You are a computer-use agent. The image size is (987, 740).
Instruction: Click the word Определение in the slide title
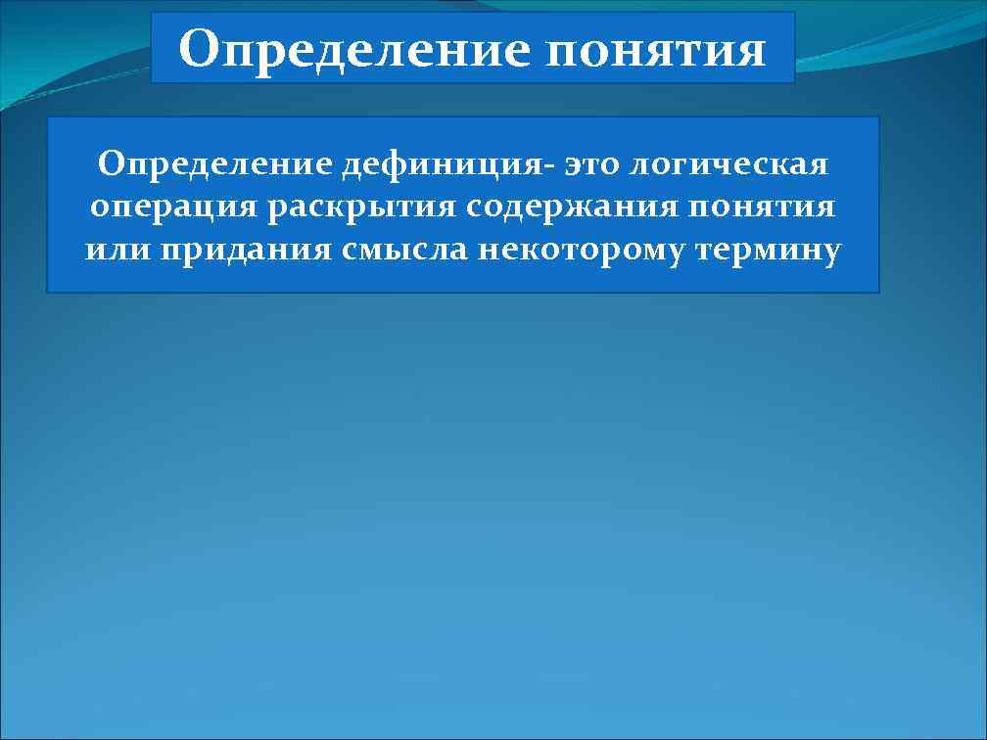click(352, 49)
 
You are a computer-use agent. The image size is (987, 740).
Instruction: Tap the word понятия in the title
click(656, 49)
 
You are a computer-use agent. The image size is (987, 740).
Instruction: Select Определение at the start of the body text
click(214, 164)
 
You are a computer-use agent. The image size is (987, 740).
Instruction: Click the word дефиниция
click(446, 164)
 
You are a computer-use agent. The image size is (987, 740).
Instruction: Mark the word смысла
click(406, 251)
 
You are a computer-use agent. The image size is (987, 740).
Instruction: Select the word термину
click(768, 251)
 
